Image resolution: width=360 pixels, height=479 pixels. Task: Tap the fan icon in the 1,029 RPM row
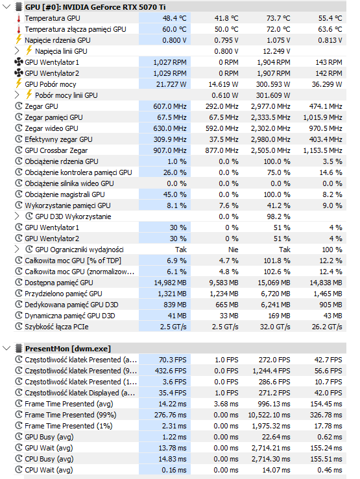pos(18,73)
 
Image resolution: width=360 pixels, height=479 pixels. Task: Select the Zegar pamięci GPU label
pos(53,117)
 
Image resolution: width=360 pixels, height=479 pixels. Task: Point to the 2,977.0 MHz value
pos(267,106)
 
